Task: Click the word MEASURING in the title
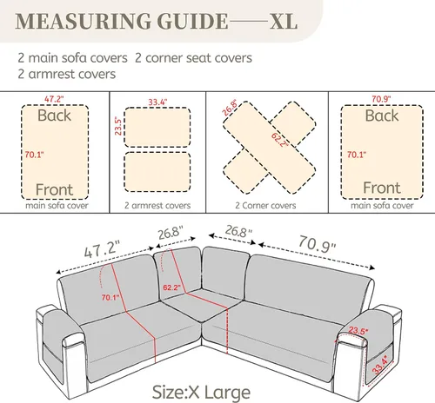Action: pos(84,21)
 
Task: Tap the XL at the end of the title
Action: pos(284,21)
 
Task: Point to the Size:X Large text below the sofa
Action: pos(201,393)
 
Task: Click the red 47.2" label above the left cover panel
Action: pos(54,99)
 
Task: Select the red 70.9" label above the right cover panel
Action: pos(381,99)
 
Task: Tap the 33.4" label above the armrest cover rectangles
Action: pos(157,102)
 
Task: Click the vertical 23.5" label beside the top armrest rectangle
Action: pos(118,126)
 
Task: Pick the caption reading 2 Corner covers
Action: pos(265,206)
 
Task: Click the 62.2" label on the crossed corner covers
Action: pos(279,140)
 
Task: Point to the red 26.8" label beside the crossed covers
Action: pos(231,108)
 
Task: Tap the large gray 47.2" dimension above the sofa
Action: pos(102,249)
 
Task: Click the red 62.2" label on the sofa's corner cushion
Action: pos(171,287)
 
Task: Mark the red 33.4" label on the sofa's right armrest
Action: pos(380,366)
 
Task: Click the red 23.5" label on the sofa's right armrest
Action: pos(358,330)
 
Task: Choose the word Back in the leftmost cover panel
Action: pos(54,116)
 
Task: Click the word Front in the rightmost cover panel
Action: pos(382,188)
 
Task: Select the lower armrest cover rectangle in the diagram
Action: pos(157,172)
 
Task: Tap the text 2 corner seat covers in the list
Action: pos(193,58)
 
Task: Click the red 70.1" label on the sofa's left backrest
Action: pos(110,297)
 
